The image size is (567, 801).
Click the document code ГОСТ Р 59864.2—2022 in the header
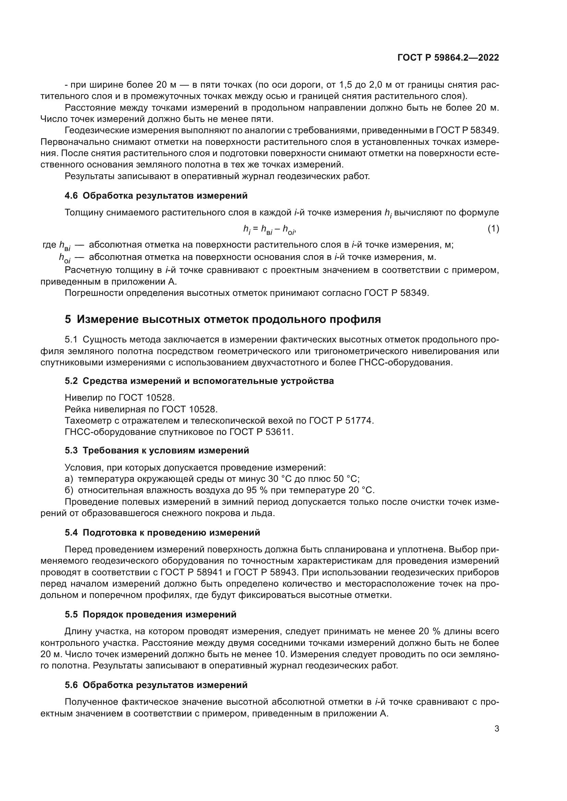point(448,58)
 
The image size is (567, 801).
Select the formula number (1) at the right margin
point(493,229)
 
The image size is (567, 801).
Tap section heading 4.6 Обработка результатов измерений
point(156,196)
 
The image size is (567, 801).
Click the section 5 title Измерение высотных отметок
point(223,319)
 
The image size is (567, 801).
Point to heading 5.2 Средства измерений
point(199,380)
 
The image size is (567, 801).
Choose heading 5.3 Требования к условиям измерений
point(157,450)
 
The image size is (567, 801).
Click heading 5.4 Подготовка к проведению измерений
point(162,533)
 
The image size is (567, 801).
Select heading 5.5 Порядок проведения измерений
point(150,614)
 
